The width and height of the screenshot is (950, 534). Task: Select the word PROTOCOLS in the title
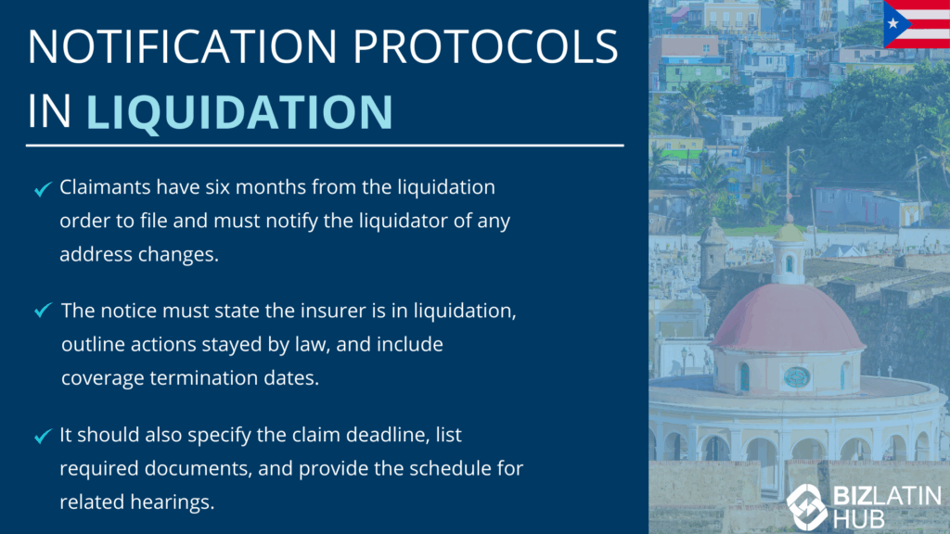(485, 46)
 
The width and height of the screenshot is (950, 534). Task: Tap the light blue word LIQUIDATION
(240, 112)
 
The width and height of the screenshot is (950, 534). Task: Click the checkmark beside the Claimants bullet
(43, 189)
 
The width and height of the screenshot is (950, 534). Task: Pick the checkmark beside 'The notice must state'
(43, 310)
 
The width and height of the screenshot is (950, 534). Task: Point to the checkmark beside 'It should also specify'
(43, 436)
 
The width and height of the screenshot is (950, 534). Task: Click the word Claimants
(105, 187)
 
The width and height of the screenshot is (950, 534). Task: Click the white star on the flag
(893, 24)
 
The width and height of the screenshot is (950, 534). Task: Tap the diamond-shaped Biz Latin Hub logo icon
(807, 506)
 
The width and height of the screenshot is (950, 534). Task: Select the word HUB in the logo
(858, 519)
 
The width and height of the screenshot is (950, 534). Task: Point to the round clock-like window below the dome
(797, 377)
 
